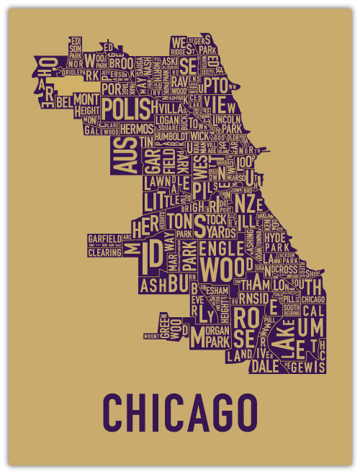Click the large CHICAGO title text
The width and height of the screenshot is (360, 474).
[180, 411]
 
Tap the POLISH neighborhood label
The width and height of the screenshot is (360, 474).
[129, 109]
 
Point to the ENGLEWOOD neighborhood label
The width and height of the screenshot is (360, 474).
[221, 260]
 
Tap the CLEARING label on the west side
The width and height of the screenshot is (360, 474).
[104, 252]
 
